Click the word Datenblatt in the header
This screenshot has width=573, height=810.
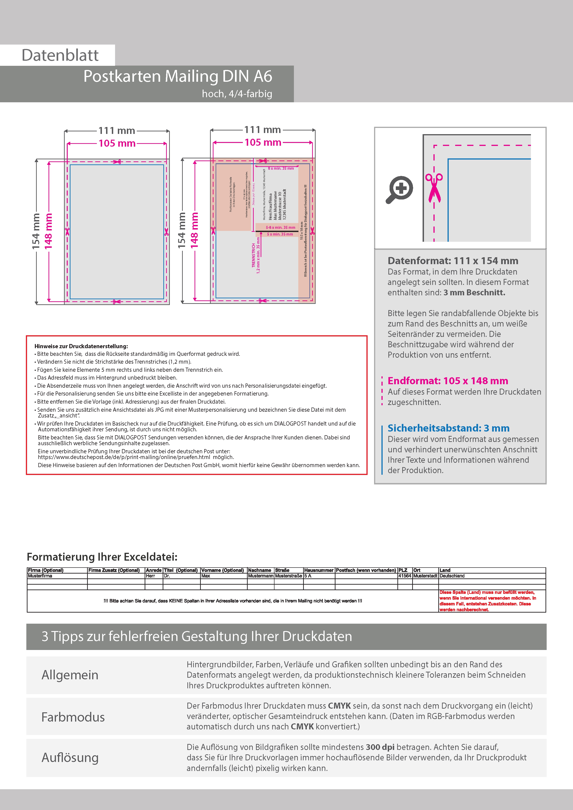tap(60, 55)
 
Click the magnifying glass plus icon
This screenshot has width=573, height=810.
tap(399, 189)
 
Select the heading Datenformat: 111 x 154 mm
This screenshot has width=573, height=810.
tap(453, 261)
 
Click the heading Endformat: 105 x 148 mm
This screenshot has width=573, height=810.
tap(448, 381)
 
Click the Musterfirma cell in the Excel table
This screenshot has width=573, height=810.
tap(40, 576)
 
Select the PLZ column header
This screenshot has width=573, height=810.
tap(403, 570)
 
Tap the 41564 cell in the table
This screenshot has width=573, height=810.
tap(405, 576)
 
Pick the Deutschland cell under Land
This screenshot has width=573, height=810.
tap(452, 576)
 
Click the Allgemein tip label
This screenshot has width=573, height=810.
tap(70, 675)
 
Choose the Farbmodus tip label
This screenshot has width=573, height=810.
tap(73, 717)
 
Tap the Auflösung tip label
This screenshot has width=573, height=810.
tap(70, 757)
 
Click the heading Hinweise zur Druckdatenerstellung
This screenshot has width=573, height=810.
tap(81, 346)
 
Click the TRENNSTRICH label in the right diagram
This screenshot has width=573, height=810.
tap(253, 255)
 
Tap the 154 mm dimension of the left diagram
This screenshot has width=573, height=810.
tap(36, 231)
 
